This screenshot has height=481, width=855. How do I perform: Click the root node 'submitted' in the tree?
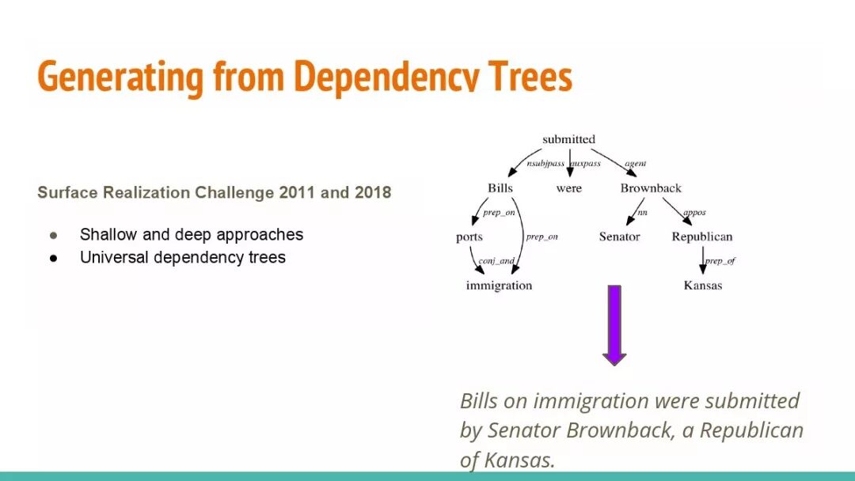pos(568,140)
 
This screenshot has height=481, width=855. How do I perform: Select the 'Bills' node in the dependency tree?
pos(500,188)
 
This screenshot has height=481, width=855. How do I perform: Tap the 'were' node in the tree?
pos(568,188)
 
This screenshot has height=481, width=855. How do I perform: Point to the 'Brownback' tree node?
pos(651,188)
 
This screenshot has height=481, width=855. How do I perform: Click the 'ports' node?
pos(469,237)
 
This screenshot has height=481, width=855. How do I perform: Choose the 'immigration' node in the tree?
pos(499,286)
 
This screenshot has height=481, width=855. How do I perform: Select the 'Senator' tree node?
pos(619,237)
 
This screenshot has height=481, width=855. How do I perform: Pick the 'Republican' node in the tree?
pos(701,237)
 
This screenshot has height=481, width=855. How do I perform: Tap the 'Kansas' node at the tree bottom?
pos(703,286)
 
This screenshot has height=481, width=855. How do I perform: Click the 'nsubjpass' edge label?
pos(546,164)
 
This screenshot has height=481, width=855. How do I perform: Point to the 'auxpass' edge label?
pos(586,164)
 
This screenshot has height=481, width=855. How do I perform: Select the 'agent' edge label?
pos(635,164)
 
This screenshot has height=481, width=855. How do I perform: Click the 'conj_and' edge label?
pos(496,261)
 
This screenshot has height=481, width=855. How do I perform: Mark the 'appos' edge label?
pos(693,212)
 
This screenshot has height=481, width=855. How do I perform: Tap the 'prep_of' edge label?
pos(720,261)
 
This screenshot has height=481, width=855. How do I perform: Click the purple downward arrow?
pos(614,324)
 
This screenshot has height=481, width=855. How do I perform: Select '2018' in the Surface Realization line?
pos(373,193)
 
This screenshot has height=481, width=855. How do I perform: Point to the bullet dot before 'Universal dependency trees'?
pos(54,258)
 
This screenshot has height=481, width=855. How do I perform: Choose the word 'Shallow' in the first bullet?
pos(108,235)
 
